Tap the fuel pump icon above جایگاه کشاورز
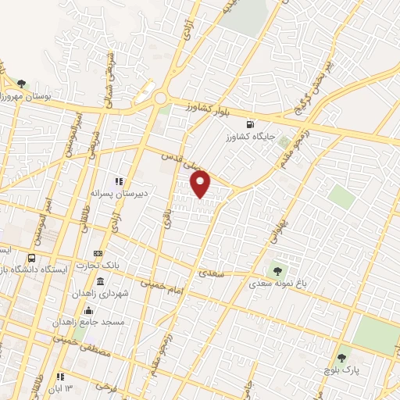tap(250, 123)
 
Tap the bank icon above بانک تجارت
tap(98, 254)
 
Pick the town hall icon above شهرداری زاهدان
tap(99, 281)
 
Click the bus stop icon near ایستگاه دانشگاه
tap(32, 258)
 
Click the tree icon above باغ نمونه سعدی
tap(276, 271)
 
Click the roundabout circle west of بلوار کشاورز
tap(161, 98)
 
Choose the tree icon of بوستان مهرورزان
tap(21, 84)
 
